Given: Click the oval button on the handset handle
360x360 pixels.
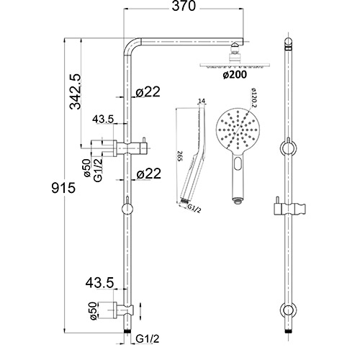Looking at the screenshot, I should [x=236, y=170].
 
